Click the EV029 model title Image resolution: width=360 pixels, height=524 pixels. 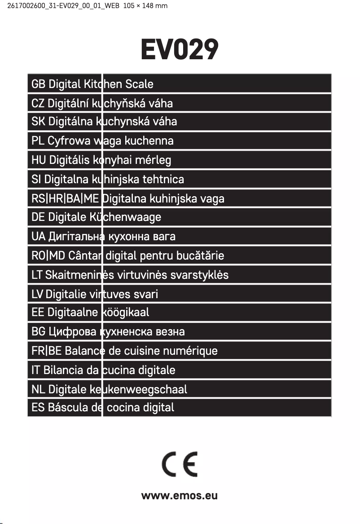coord(180,49)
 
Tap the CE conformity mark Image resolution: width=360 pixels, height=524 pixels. coord(180,465)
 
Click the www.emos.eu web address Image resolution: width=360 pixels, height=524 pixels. coord(180,496)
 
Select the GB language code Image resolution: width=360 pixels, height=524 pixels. coord(38,84)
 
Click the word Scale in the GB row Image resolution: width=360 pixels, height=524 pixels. coord(139,84)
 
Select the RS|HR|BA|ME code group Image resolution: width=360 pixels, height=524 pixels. coord(65,198)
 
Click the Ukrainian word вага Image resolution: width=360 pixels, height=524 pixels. coord(164,237)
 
